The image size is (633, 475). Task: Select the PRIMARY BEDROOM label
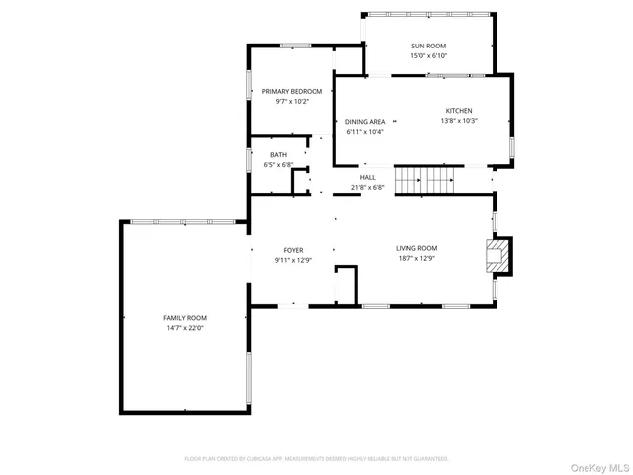point(292,91)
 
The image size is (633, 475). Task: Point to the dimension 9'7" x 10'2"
point(292,101)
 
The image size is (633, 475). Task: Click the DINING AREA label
point(365,121)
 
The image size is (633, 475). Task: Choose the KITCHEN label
point(458,111)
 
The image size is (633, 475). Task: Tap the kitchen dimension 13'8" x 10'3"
point(458,121)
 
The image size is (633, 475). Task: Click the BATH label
point(278,155)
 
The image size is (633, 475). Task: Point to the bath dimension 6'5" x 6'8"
point(278,165)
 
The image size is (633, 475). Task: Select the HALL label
point(367,177)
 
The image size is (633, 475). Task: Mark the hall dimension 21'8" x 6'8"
point(367,187)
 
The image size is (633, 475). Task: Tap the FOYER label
point(293,250)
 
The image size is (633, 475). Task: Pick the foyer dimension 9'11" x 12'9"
point(293,260)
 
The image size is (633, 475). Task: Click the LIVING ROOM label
point(416,248)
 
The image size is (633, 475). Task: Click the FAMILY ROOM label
point(185,317)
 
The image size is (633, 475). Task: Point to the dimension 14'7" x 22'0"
point(185,328)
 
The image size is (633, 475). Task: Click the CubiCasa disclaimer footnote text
point(316,459)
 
